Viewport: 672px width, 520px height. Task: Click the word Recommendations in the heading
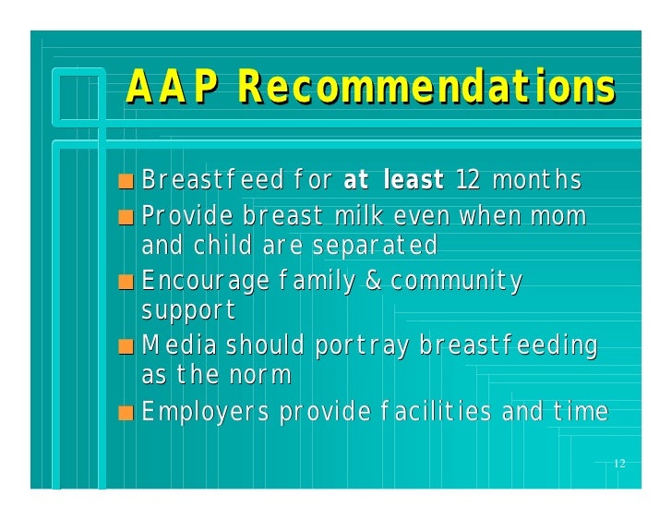point(426,89)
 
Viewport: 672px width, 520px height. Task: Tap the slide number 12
point(619,463)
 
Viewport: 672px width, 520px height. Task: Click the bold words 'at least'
point(393,180)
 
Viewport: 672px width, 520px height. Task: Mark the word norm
point(261,376)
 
